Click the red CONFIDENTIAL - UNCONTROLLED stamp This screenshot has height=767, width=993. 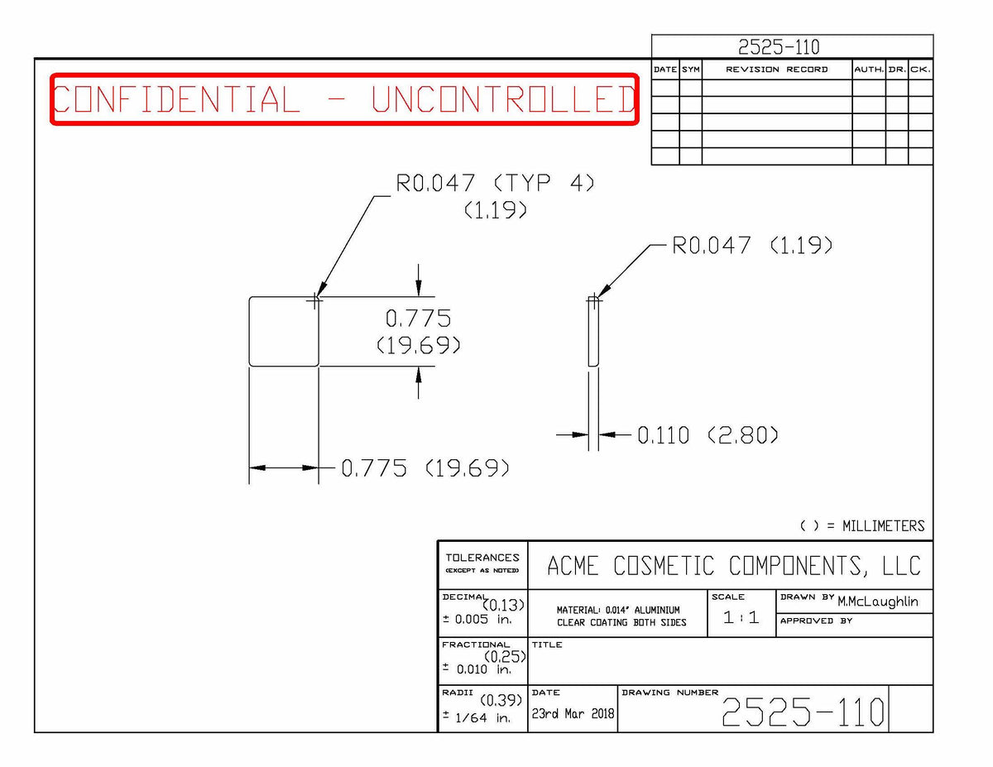[344, 98]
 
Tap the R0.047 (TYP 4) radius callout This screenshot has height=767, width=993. [495, 183]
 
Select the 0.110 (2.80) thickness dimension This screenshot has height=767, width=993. [708, 435]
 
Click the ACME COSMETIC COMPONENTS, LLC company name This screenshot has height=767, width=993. [733, 566]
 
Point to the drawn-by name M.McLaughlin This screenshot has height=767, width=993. [877, 602]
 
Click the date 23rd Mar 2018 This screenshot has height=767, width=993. [573, 713]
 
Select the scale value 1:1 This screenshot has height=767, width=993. [741, 617]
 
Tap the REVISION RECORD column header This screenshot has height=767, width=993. [776, 70]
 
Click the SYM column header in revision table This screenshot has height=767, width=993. [690, 70]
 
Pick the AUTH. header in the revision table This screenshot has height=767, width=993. [869, 70]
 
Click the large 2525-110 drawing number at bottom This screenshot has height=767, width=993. [803, 712]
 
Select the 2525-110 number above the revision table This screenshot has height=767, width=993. [779, 47]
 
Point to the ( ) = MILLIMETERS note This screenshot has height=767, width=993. [862, 526]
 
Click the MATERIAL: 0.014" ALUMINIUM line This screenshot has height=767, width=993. [618, 610]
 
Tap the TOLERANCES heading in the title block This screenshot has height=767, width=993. [482, 558]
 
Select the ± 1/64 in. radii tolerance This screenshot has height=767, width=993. [476, 717]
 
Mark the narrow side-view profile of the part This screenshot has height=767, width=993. [593, 332]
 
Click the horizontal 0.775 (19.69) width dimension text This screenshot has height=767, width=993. [425, 468]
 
